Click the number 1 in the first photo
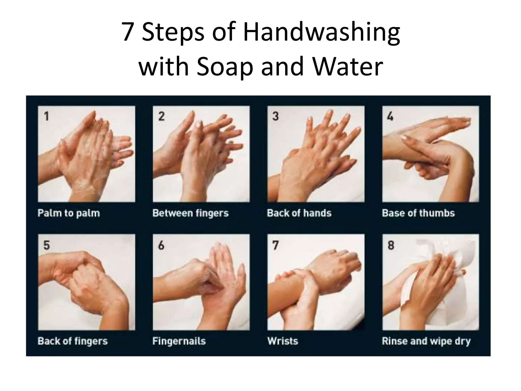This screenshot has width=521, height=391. pyautogui.click(x=46, y=116)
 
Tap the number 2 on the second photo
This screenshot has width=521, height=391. pyautogui.click(x=161, y=116)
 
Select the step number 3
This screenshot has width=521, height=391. pyautogui.click(x=276, y=116)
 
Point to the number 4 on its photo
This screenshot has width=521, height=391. pyautogui.click(x=390, y=116)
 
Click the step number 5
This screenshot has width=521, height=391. pyautogui.click(x=47, y=245)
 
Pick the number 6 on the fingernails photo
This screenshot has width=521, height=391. pyautogui.click(x=161, y=245)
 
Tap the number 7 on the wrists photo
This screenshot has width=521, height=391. pyautogui.click(x=276, y=245)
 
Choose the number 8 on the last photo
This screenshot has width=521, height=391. pyautogui.click(x=391, y=245)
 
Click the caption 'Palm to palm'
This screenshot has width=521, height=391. pyautogui.click(x=69, y=213)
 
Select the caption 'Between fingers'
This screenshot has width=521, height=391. pyautogui.click(x=191, y=213)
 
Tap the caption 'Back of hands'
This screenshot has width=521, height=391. pyautogui.click(x=299, y=213)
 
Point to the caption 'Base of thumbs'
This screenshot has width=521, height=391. pyautogui.click(x=418, y=213)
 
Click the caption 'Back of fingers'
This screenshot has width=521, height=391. pyautogui.click(x=73, y=341)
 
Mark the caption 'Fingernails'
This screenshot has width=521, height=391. pyautogui.click(x=179, y=341)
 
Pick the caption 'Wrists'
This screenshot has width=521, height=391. pyautogui.click(x=283, y=341)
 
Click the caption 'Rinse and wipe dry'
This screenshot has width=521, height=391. pyautogui.click(x=426, y=341)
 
